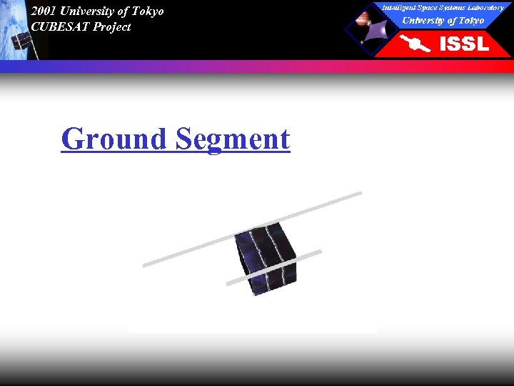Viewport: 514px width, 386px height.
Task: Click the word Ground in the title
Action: click(114, 139)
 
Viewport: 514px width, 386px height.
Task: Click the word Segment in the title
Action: click(233, 139)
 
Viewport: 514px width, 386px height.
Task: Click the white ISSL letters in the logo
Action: click(464, 44)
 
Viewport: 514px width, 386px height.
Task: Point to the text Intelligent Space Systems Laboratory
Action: click(443, 7)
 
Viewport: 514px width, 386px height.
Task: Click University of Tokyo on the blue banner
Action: click(443, 20)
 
